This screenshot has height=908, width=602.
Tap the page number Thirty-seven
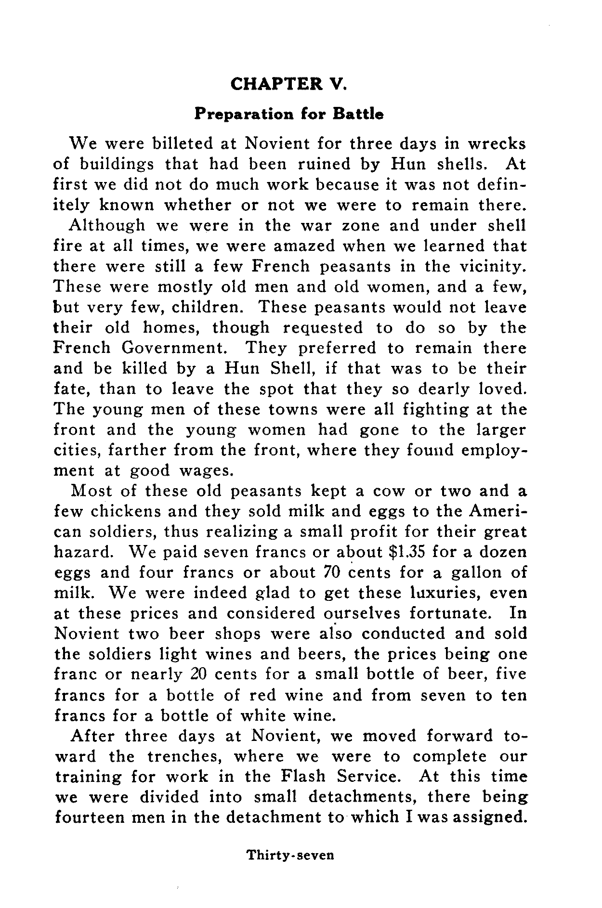[290, 855]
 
